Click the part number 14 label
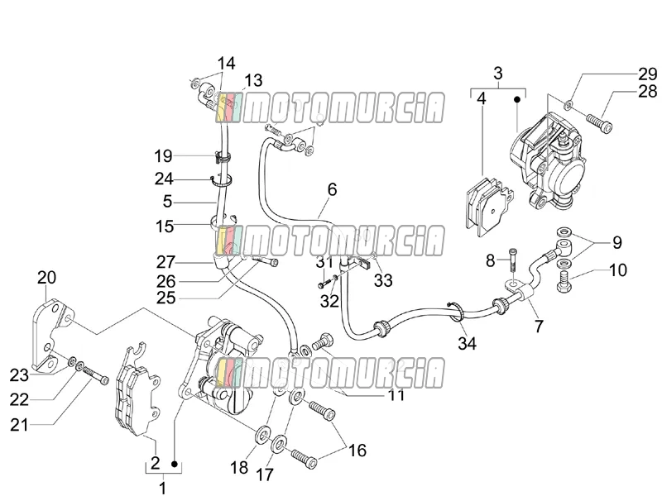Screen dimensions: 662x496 (x=226, y=64)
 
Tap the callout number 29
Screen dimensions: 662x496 (x=647, y=74)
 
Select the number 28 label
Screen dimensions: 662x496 (x=647, y=91)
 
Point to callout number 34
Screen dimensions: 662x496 (x=467, y=343)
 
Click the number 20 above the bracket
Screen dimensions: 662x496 (x=46, y=278)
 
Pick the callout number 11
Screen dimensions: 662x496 (x=396, y=395)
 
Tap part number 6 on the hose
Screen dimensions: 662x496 (x=333, y=189)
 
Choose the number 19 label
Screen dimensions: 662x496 (x=163, y=156)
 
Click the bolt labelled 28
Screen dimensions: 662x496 (x=599, y=122)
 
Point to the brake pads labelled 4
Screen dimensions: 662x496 (x=489, y=205)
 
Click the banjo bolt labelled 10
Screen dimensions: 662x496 (x=564, y=282)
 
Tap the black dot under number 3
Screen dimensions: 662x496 (x=516, y=99)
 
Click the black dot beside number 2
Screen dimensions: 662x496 (x=174, y=464)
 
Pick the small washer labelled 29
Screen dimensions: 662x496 (x=569, y=104)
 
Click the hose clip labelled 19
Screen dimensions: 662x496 (x=223, y=157)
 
